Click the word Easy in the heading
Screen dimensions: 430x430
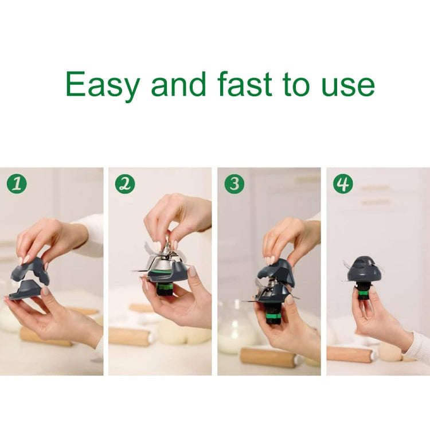coord(102,85)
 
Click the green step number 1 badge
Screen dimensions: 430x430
coord(17,183)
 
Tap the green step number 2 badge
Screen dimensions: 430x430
coord(124,183)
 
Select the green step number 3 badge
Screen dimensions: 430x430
coord(234,183)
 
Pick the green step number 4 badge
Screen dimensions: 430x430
coord(343,183)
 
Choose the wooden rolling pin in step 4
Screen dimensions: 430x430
coord(350,354)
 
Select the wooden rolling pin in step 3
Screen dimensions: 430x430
coord(269,356)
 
